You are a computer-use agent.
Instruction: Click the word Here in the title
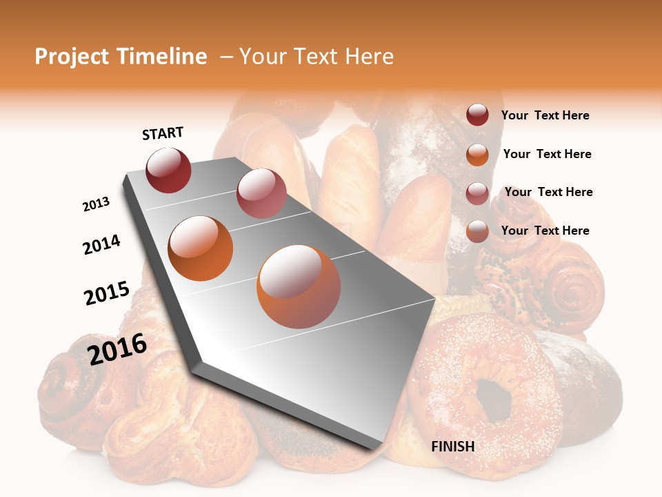click(369, 57)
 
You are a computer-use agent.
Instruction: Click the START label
click(163, 133)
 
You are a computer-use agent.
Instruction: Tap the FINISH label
click(452, 447)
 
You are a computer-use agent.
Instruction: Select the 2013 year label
click(96, 204)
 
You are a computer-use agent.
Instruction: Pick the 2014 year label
click(101, 244)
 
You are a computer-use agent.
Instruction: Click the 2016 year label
click(117, 349)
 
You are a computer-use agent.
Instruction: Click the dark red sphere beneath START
click(168, 170)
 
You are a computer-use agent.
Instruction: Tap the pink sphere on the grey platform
click(261, 193)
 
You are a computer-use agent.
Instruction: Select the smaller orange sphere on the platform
click(200, 248)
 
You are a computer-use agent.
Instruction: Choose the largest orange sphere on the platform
click(298, 286)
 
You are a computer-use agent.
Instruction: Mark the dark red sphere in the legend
click(477, 115)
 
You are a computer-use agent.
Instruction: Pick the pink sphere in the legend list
click(477, 193)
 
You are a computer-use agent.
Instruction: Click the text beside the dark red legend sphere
click(545, 115)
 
